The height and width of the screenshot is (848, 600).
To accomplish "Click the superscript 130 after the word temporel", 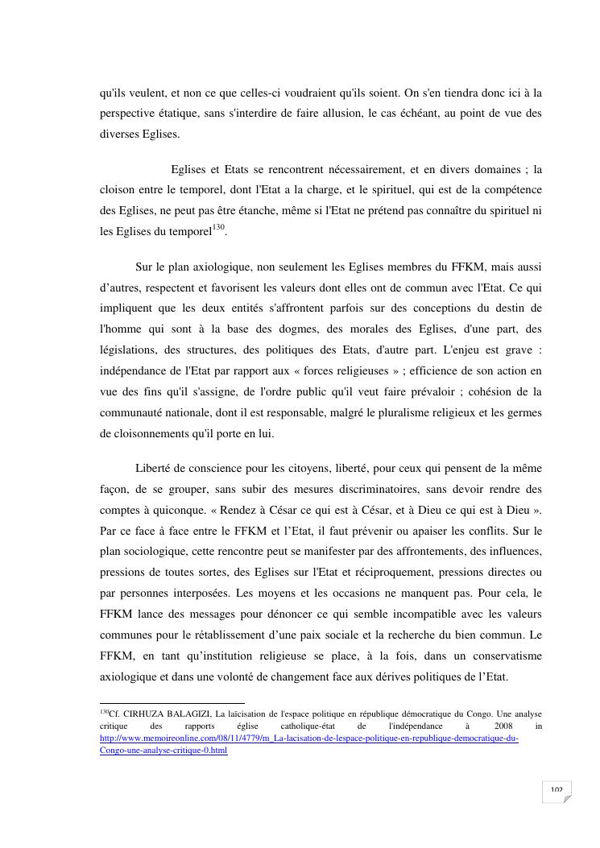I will [x=217, y=228].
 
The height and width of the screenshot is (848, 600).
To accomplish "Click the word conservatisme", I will [x=497, y=656].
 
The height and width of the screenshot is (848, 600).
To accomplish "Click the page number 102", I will [x=557, y=790].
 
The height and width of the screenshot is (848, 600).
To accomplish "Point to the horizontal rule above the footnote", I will [x=172, y=703].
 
